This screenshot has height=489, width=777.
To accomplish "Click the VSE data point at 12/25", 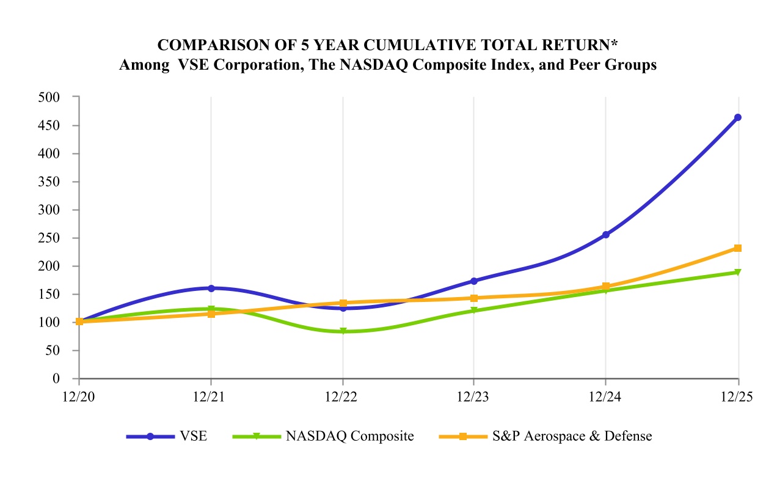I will [x=738, y=117].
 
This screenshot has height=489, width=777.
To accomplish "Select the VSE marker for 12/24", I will [x=605, y=235].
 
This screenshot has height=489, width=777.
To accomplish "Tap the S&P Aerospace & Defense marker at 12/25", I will [x=738, y=248].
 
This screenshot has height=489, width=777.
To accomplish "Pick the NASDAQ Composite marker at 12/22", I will [x=343, y=331].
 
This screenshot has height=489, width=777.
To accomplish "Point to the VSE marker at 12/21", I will [x=211, y=288].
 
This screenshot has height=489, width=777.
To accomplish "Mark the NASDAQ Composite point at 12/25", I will [x=738, y=272].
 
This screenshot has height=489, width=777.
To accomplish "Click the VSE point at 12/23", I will [x=474, y=281].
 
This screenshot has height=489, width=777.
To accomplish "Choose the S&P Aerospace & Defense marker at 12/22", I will [x=343, y=303].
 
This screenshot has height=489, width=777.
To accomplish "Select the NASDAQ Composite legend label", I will [x=349, y=436].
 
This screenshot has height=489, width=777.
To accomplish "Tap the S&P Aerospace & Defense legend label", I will [x=572, y=436].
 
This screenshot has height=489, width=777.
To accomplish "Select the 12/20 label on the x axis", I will [x=79, y=396].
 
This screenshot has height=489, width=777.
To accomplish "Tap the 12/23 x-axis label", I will [x=474, y=396].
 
